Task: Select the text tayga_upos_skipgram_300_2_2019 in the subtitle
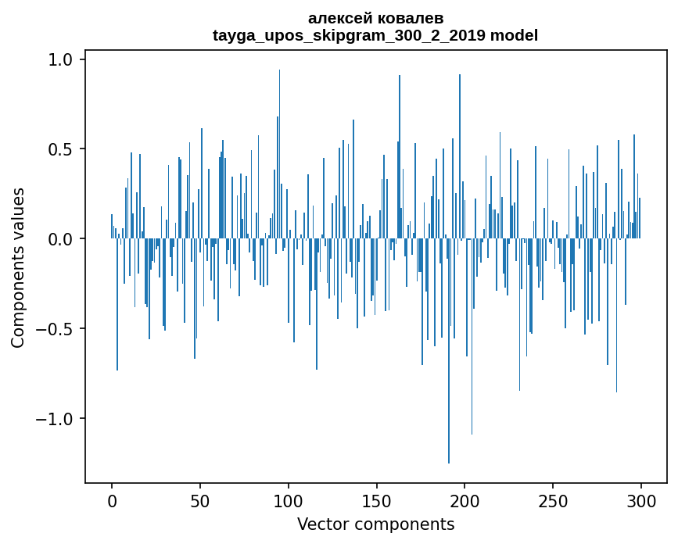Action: (x=349, y=35)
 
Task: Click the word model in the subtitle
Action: (x=514, y=35)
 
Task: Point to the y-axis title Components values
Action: (x=18, y=267)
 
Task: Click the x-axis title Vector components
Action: (x=375, y=524)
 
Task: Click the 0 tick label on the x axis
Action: (x=112, y=499)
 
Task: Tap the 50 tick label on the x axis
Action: (x=200, y=499)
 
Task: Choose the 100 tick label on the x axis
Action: (x=289, y=499)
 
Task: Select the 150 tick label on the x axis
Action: (x=376, y=499)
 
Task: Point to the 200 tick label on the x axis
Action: (x=465, y=499)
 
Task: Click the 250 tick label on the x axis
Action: (x=553, y=499)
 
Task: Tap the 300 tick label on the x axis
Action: (x=641, y=499)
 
